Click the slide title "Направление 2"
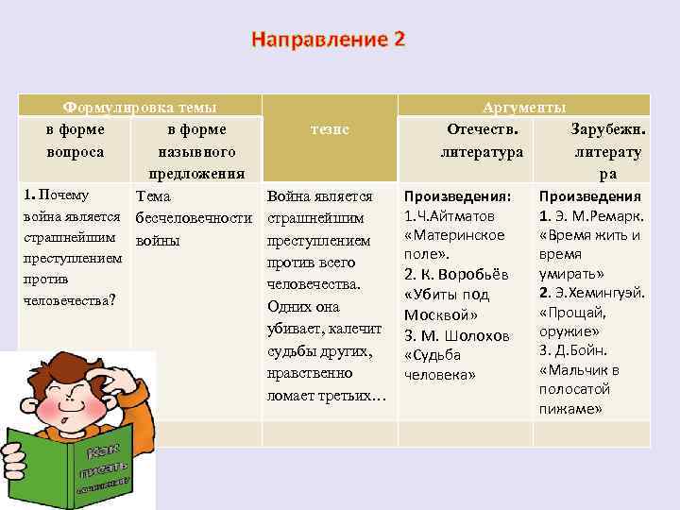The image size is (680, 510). pos(328,40)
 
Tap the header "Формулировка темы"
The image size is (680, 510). pos(139,108)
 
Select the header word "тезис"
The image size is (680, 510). pos(330,128)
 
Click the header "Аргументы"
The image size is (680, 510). pos(524,108)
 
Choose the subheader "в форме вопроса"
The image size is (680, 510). pos(75,140)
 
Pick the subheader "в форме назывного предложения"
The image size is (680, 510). pos(195,151)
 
